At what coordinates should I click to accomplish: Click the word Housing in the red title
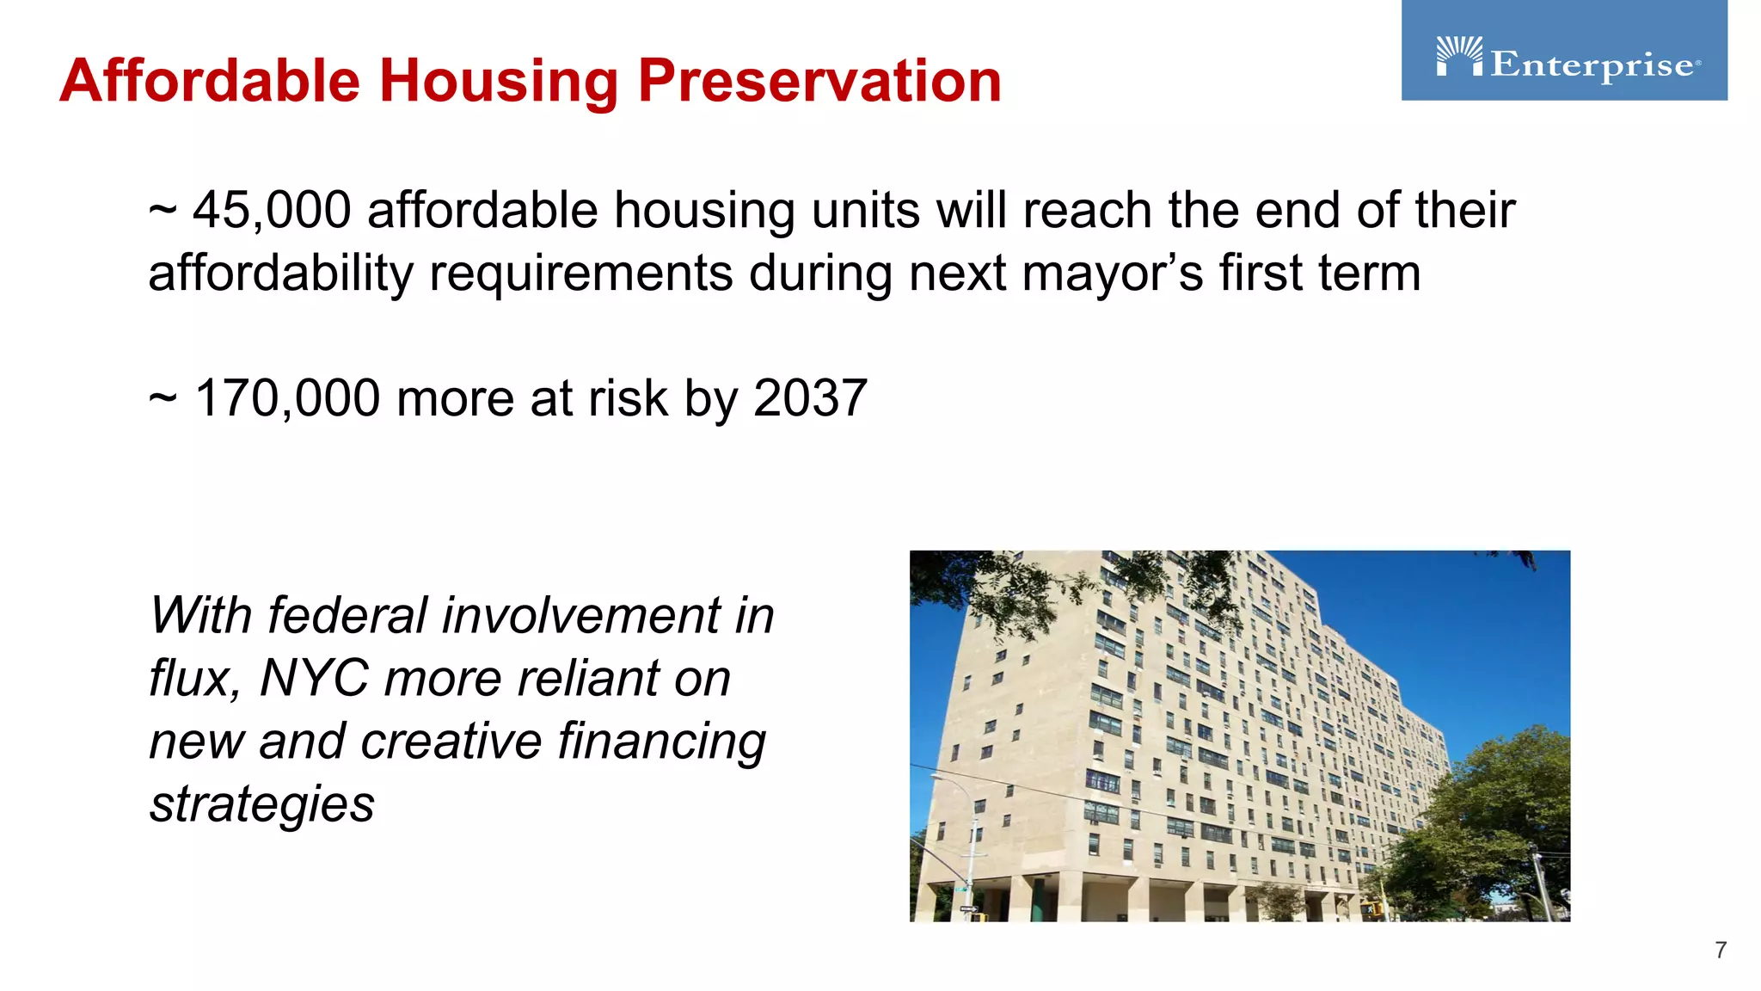499,81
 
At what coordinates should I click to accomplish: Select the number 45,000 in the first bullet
272,211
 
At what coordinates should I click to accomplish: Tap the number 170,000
287,399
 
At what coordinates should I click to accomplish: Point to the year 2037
809,399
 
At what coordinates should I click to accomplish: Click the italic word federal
348,616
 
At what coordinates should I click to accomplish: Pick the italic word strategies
262,804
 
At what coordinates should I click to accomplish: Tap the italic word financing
661,742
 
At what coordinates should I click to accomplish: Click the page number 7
1720,950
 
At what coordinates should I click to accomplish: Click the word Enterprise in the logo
1592,65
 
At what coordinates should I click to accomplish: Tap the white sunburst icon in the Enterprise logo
1459,55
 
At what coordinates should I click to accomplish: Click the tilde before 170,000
163,399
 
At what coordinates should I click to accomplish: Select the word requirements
581,274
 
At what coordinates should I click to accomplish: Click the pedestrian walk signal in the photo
1369,908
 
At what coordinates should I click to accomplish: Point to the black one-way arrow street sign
969,908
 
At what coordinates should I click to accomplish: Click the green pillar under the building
1038,898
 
